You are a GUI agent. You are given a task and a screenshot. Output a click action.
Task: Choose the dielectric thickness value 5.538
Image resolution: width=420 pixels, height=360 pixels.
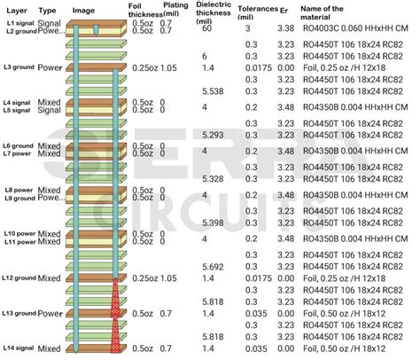click(x=213, y=91)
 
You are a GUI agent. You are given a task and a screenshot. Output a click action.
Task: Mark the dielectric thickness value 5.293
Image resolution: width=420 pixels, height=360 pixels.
click(x=213, y=135)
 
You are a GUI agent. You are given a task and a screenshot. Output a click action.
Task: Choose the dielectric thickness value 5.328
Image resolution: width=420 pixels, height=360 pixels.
click(x=213, y=178)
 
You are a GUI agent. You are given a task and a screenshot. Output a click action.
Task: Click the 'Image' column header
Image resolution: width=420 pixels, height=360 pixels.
click(x=83, y=11)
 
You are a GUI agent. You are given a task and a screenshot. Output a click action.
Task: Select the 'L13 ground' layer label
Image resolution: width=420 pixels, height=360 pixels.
click(x=19, y=314)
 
